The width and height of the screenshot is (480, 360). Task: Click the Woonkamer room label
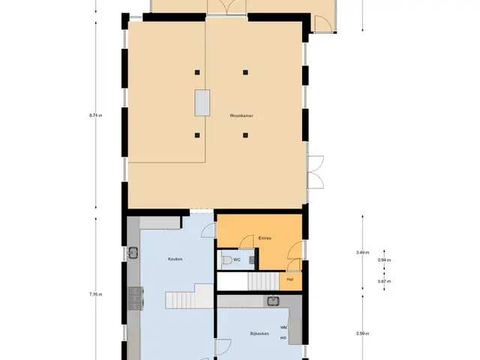click(241, 115)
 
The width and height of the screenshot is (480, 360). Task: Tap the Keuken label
click(175, 259)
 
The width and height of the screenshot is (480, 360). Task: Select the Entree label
click(265, 238)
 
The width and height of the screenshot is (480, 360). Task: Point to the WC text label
click(237, 259)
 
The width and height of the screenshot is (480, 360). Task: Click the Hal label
click(290, 280)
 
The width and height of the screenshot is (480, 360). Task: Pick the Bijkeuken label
click(259, 334)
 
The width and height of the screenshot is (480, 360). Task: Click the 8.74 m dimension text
click(95, 115)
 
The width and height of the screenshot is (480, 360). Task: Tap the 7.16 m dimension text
click(95, 295)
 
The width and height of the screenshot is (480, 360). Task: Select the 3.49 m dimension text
click(362, 253)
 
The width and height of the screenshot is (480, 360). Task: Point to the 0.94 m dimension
click(384, 260)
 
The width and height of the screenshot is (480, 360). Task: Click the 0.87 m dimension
click(384, 281)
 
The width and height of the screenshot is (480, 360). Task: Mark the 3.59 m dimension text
click(362, 334)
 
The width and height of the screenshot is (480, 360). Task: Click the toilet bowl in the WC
click(226, 260)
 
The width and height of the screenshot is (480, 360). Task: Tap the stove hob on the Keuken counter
click(135, 298)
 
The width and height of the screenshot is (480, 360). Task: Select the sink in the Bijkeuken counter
click(273, 301)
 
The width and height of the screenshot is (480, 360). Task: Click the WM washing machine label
click(283, 327)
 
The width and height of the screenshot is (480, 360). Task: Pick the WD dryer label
click(283, 338)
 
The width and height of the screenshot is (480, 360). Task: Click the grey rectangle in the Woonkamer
click(202, 103)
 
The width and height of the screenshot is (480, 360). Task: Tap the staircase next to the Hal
click(263, 281)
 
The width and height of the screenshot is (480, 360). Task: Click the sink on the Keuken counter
click(133, 253)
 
